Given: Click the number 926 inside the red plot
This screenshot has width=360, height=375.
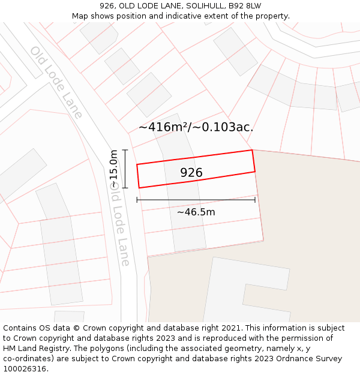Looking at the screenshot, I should [191, 173].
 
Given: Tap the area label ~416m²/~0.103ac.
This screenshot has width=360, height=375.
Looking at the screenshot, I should [196, 127].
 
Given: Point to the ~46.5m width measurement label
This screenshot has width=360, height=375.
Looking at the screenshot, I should [196, 212].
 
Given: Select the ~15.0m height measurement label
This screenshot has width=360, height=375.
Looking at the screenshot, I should [113, 169].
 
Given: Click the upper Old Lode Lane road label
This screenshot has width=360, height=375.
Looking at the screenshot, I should [56, 82].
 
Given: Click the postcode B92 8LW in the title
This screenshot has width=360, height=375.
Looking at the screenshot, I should [244, 6].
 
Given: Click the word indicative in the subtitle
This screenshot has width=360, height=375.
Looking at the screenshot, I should [187, 16].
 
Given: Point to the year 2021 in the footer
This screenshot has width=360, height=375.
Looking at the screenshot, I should [229, 328].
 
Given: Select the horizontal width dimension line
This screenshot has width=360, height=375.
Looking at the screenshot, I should [196, 200].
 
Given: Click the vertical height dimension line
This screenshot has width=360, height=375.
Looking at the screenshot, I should [125, 169].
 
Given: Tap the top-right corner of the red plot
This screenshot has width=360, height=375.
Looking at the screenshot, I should [251, 150].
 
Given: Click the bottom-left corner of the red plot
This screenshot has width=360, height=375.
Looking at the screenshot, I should [139, 188].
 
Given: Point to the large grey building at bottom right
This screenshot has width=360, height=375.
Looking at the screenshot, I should [246, 291].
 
